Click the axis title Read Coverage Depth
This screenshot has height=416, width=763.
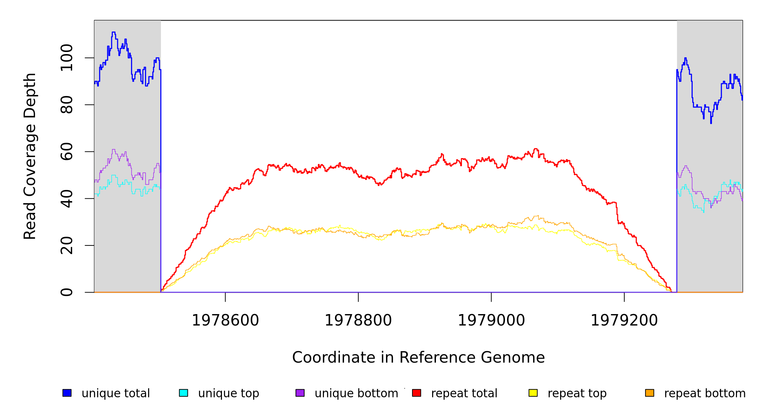point(30,156)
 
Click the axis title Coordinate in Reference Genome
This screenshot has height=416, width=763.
point(418,358)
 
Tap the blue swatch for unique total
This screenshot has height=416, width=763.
point(67,393)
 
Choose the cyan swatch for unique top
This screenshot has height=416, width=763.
point(183,393)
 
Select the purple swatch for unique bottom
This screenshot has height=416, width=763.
point(300,393)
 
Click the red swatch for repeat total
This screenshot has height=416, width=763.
point(417,393)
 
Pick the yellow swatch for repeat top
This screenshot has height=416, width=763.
point(533,393)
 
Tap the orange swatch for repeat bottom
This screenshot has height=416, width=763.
point(650,393)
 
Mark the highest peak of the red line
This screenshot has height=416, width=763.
point(536,149)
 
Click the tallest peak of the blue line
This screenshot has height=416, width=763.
point(113,32)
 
